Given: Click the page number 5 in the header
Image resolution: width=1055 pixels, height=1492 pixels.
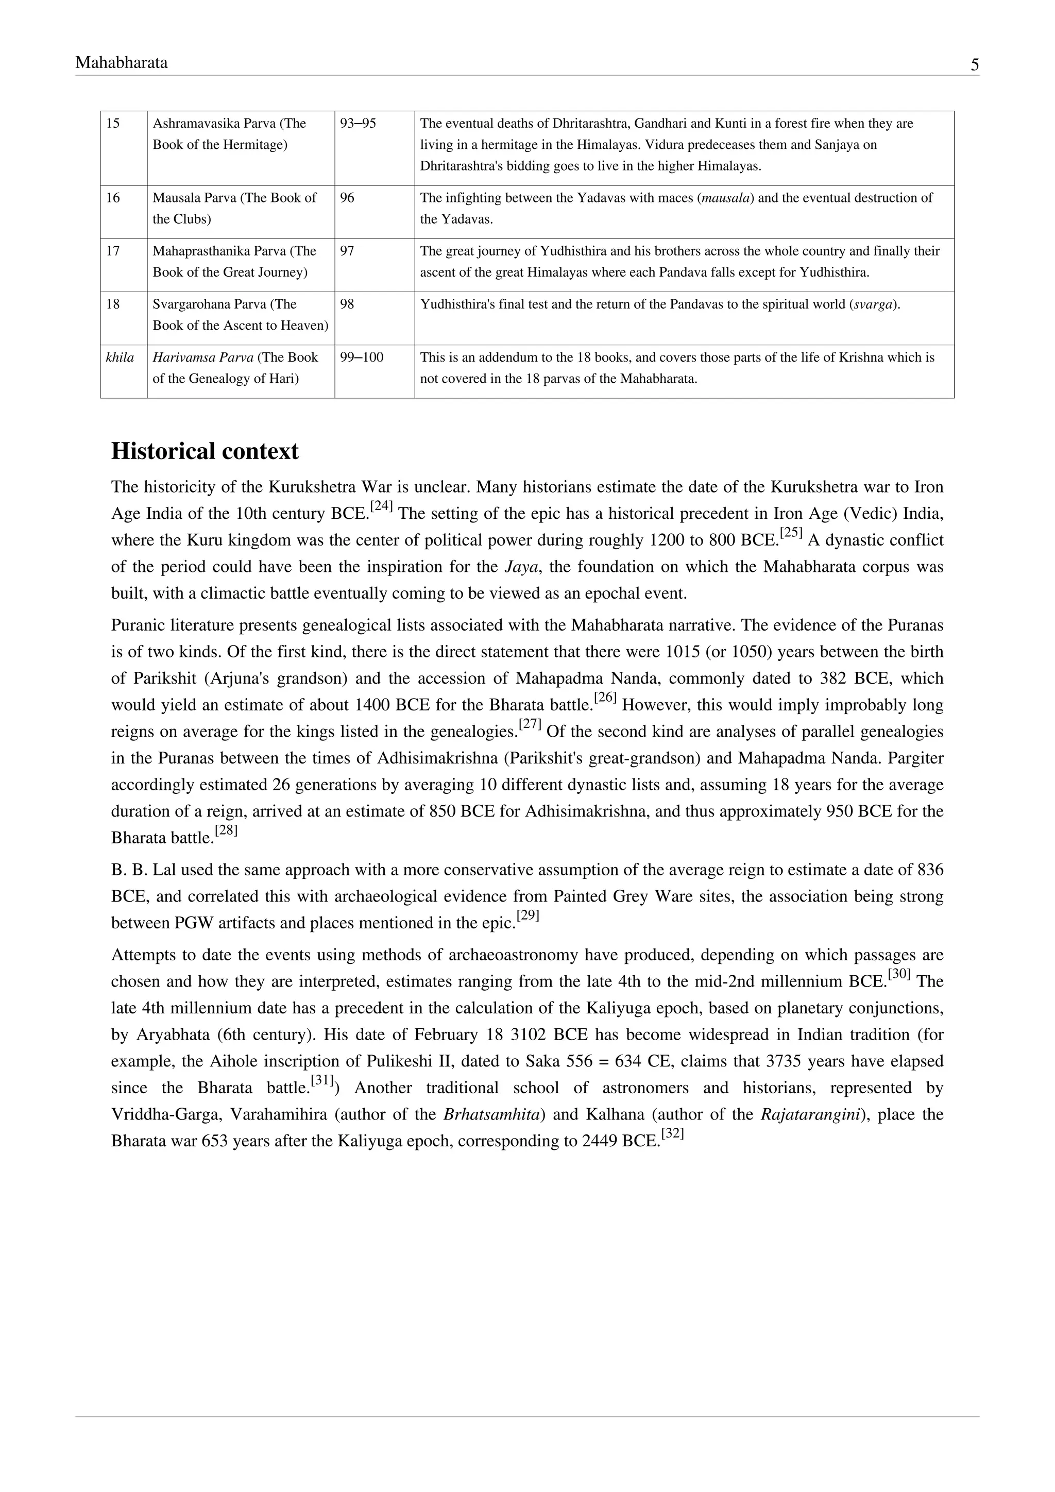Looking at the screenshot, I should pyautogui.click(x=975, y=65).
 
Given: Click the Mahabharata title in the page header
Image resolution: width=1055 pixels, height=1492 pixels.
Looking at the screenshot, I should pyautogui.click(x=122, y=62).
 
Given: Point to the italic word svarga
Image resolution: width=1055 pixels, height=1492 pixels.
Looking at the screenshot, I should pyautogui.click(x=874, y=304).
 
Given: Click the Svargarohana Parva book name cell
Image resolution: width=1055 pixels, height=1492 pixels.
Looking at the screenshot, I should pyautogui.click(x=241, y=314).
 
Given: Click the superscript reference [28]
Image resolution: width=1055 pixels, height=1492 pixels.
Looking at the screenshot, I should pyautogui.click(x=226, y=830).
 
